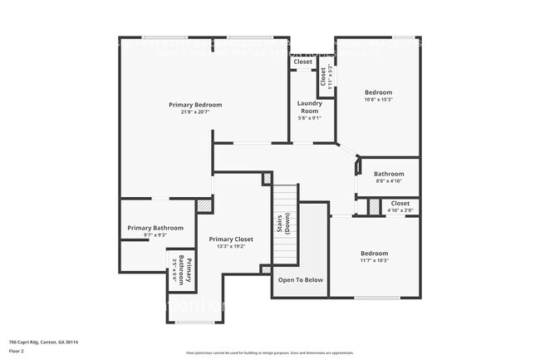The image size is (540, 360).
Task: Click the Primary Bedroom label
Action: [195, 105]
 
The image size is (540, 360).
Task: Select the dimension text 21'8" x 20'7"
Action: [195, 113]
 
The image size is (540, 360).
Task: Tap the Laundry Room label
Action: [309, 106]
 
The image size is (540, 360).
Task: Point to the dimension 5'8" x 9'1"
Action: [309, 118]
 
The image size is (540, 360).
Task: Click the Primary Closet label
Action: [231, 239]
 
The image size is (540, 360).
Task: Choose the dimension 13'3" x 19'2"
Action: [231, 247]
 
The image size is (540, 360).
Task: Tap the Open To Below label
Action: [301, 280]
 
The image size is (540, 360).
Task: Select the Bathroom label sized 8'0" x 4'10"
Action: [389, 174]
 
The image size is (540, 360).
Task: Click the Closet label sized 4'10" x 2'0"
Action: [400, 203]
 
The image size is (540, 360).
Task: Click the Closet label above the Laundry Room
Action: [302, 62]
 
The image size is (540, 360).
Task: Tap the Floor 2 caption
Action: [17, 351]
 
